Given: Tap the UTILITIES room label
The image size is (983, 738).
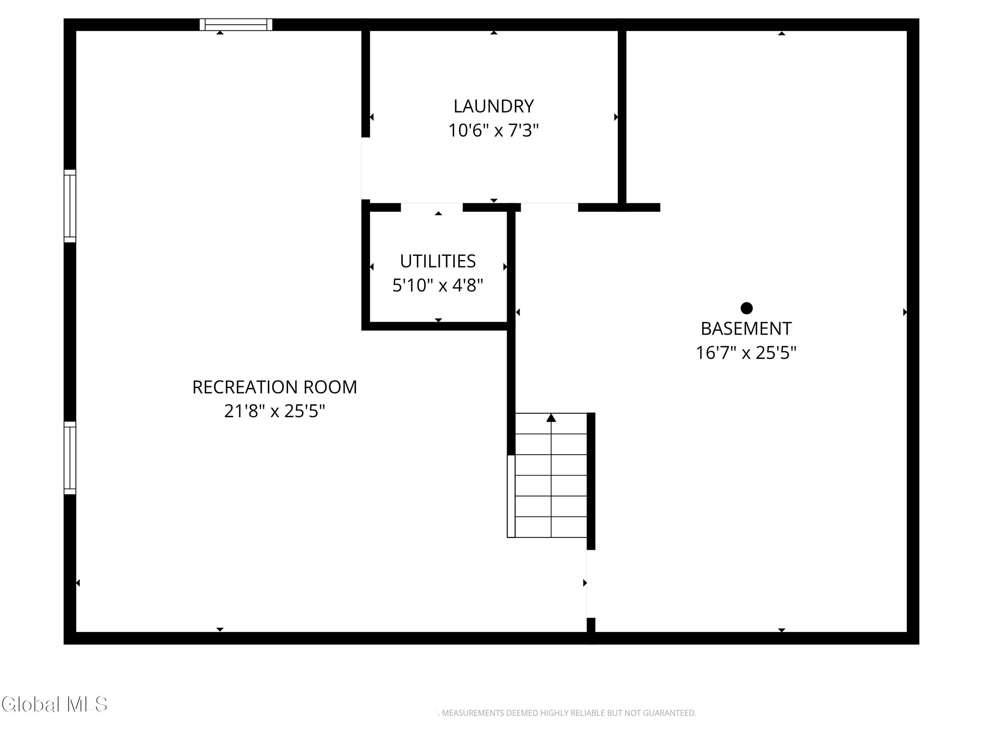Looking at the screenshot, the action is click(438, 261).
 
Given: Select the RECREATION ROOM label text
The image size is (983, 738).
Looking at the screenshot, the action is click(275, 387).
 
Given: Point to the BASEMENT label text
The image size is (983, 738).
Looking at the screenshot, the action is click(746, 329).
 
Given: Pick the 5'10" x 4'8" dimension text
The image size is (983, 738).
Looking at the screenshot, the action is click(438, 285).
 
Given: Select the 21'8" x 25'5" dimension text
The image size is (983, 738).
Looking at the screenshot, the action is click(275, 411).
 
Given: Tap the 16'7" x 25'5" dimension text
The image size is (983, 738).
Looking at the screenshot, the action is click(746, 353).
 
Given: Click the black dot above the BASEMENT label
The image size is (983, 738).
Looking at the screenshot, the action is click(746, 308).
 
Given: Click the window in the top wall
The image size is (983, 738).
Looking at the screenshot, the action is click(236, 25).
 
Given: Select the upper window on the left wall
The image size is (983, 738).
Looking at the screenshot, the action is click(70, 206).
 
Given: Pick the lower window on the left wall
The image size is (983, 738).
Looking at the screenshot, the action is click(70, 458).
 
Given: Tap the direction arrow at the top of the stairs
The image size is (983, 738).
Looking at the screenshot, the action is click(551, 418).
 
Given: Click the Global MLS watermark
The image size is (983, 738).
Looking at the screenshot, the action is click(54, 704).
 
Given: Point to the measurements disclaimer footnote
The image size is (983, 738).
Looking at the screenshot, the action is click(567, 713).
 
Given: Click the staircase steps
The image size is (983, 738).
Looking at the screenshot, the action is click(551, 475).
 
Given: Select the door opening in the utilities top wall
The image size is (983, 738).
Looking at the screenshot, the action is click(432, 207).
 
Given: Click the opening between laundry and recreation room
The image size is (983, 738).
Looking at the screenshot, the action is click(365, 169).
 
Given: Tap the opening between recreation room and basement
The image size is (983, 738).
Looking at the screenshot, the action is click(591, 584).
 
